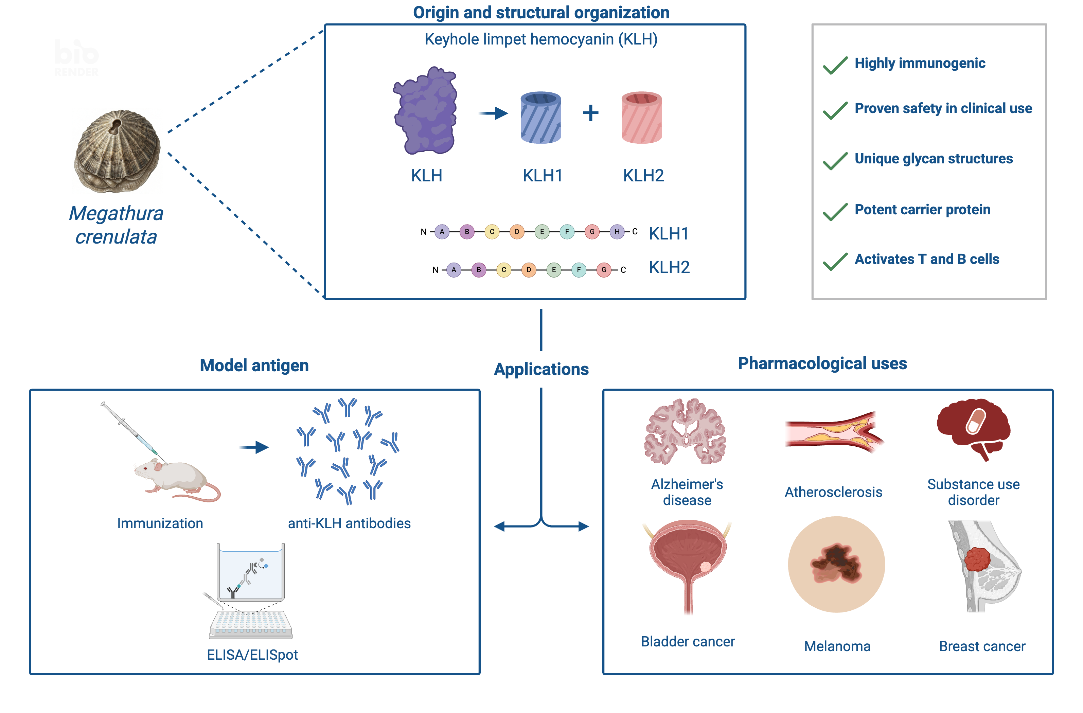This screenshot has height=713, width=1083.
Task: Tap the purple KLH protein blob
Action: click(x=425, y=110)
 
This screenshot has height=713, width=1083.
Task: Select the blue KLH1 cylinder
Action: click(x=540, y=118)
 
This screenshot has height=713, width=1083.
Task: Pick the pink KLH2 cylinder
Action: click(x=642, y=118)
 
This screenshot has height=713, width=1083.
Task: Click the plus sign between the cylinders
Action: click(x=591, y=113)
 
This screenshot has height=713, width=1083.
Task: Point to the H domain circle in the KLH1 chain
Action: click(x=617, y=232)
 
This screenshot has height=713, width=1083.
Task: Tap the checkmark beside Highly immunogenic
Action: click(x=835, y=65)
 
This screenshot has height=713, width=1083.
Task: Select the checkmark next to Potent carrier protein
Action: click(x=835, y=212)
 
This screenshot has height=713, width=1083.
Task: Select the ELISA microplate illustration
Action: click(x=251, y=624)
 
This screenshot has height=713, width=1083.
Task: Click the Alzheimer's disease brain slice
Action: click(x=685, y=431)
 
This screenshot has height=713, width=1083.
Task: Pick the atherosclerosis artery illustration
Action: click(x=834, y=432)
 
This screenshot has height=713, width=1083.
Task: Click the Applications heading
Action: click(x=541, y=369)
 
